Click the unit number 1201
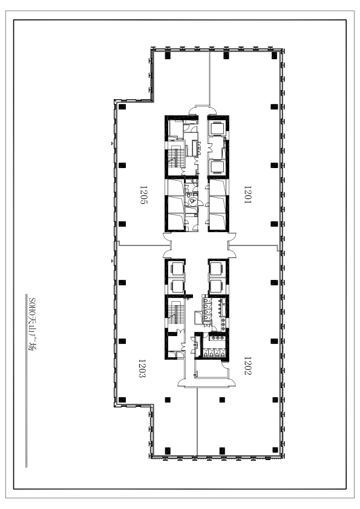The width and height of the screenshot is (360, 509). click(x=247, y=195)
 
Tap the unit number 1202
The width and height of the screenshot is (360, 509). click(x=247, y=366)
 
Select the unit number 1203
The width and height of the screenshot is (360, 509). click(x=142, y=368)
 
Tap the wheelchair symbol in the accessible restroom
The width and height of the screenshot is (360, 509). click(x=192, y=201)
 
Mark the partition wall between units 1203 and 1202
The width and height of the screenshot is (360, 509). click(x=197, y=422)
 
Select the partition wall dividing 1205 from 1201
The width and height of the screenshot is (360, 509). click(x=210, y=77)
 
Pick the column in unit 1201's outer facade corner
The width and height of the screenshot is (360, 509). click(x=275, y=56)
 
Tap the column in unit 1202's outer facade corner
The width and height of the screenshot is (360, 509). click(x=275, y=450)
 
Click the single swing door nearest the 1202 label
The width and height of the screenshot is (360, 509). click(x=225, y=365)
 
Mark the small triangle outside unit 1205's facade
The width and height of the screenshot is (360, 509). click(x=113, y=143)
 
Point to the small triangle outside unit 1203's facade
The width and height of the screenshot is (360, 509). click(x=113, y=261)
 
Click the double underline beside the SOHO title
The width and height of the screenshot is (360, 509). click(x=26, y=381)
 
